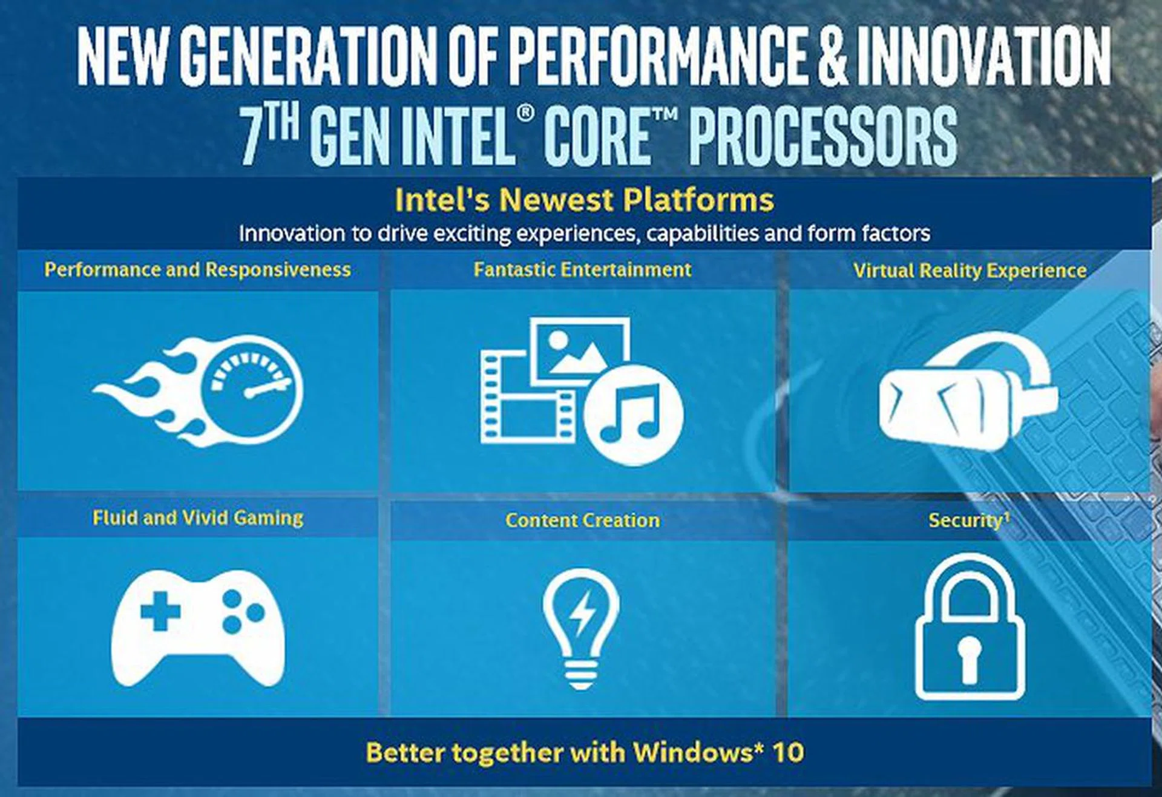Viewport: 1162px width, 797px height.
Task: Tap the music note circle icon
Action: [x=634, y=415]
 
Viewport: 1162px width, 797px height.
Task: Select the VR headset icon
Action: [x=968, y=393]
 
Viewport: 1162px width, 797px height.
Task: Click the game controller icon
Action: [x=198, y=627]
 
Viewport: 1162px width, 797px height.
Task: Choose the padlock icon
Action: [x=970, y=627]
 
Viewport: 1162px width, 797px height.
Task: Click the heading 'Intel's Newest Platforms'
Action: [x=584, y=200]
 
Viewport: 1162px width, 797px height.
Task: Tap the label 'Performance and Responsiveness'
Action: [x=197, y=270]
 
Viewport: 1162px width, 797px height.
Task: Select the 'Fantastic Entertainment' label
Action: [x=582, y=269]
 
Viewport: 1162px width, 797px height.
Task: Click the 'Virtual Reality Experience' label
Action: [x=970, y=271]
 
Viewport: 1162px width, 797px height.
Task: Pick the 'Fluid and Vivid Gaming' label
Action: [x=198, y=518]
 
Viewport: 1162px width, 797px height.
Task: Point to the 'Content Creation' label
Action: [x=582, y=520]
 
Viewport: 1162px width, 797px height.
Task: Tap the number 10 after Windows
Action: [x=788, y=752]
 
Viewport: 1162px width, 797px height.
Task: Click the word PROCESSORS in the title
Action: [x=823, y=136]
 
